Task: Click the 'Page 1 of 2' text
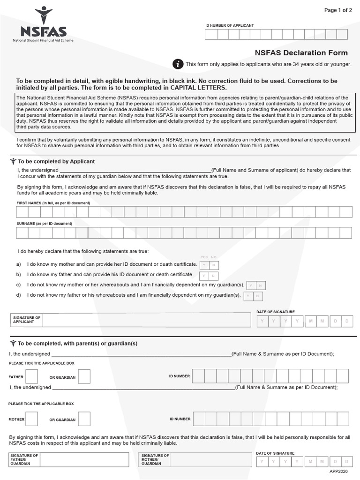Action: pos(338,10)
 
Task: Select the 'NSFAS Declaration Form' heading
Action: pos(301,52)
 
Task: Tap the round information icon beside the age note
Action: pos(178,64)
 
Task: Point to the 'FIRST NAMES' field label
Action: pos(53,203)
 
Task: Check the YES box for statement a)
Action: pos(204,265)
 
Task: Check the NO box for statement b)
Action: pos(214,277)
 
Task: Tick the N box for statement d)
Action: pos(258,296)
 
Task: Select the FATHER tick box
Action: pos(32,376)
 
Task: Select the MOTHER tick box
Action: pos(32,419)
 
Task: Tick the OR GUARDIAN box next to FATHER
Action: pos(84,376)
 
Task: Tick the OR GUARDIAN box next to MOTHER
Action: pos(84,419)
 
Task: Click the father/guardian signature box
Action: pos(84,460)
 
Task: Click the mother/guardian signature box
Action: pos(211,460)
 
